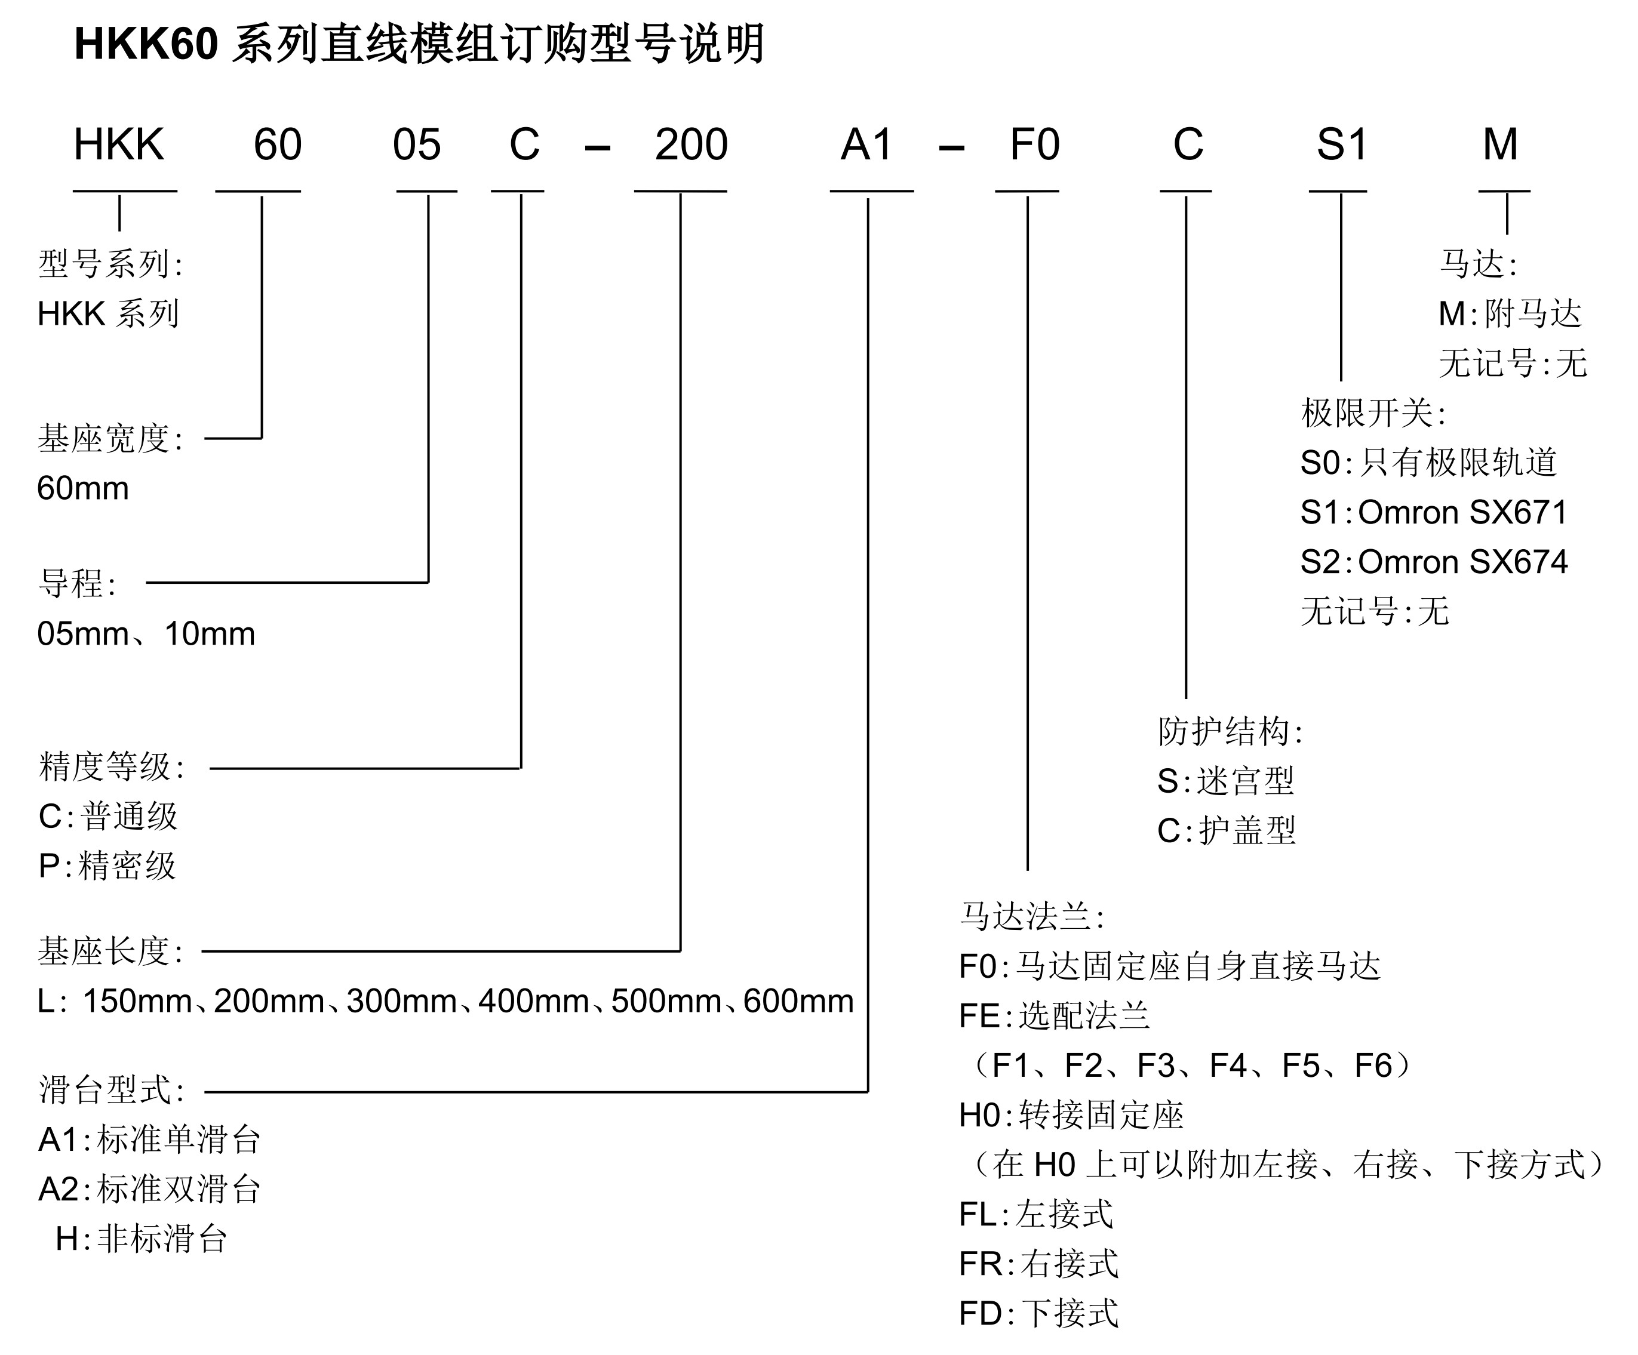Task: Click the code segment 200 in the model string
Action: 691,145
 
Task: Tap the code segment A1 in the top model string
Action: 866,145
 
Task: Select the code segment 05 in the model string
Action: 417,145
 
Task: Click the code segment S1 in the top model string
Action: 1342,145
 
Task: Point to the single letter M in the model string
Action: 1500,145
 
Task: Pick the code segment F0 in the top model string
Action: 1034,145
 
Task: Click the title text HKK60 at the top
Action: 146,44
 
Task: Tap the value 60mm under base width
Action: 82,489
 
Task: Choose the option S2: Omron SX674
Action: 1434,562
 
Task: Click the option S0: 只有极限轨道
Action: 1429,463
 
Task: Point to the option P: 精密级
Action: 107,866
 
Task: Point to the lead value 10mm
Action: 210,634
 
